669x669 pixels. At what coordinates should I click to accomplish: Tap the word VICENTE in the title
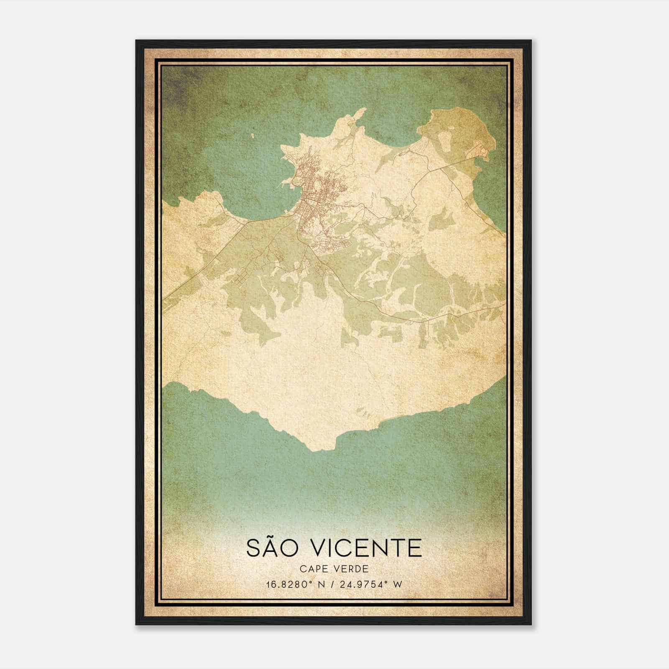point(363,547)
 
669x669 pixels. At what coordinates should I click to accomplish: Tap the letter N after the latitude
point(321,585)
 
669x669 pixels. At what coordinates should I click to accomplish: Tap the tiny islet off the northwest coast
point(253,135)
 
